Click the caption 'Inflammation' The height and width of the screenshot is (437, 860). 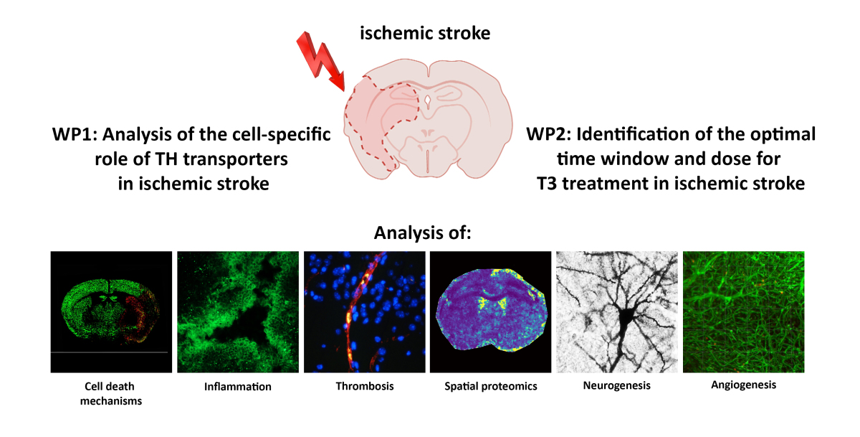point(238,387)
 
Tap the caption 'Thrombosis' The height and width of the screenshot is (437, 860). point(365,387)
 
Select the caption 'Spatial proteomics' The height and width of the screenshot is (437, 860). point(491,387)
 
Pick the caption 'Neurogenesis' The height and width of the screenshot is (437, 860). point(617,386)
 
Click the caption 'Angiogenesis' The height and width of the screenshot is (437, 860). point(743,385)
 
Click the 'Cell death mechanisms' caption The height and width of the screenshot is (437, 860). point(111,393)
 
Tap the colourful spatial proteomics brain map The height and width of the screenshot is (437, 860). point(491,312)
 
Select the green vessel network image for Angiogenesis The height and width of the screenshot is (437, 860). point(743,311)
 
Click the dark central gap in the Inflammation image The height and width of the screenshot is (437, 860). point(236,316)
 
